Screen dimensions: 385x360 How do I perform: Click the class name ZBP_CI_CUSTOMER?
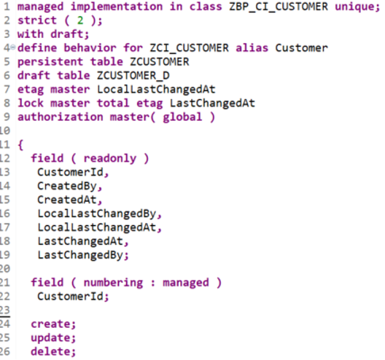coord(279,7)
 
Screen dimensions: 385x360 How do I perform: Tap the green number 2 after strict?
coord(80,20)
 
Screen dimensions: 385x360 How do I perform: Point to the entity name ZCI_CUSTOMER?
coord(190,48)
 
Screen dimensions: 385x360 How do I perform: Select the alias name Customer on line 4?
coord(301,48)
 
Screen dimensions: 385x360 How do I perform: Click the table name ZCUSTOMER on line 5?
coord(160,62)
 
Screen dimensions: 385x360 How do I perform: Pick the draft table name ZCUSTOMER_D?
coord(133,76)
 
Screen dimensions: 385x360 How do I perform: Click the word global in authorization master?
coord(182,117)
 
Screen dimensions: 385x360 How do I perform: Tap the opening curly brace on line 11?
coord(20,145)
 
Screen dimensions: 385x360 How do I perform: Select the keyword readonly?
coord(110,159)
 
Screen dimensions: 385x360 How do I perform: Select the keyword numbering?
coord(113,283)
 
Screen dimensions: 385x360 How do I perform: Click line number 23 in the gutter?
coord(5,310)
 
